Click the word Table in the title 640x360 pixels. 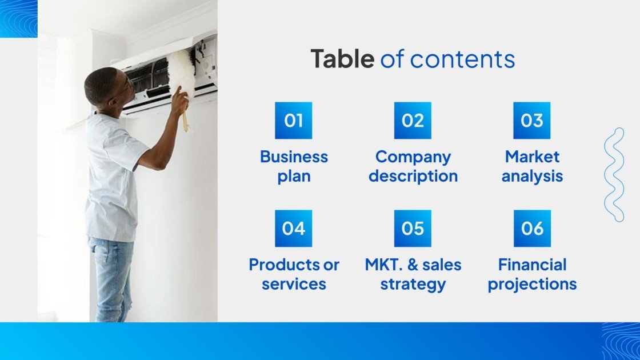pos(342,59)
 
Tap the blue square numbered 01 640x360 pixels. pos(293,121)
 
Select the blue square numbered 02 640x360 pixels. pos(413,121)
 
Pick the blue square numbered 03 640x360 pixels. pos(531,121)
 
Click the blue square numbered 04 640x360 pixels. pos(293,229)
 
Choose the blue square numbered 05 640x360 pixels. pos(413,229)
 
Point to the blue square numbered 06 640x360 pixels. pos(532,229)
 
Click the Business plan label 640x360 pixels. pos(294,166)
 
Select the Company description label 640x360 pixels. pos(413,166)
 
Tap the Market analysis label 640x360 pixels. pos(532,166)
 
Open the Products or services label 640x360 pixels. pos(294,274)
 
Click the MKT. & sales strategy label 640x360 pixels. pos(413,274)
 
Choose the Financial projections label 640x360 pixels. pos(532,274)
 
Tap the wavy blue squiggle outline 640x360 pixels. pos(614,174)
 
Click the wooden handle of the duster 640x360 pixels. pos(185,121)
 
